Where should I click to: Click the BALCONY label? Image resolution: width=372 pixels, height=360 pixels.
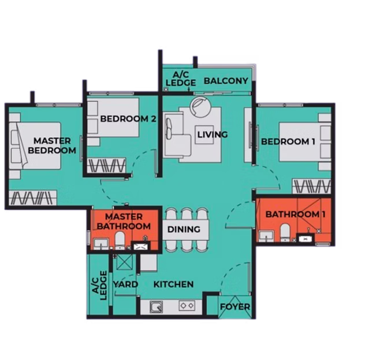[x=226, y=81]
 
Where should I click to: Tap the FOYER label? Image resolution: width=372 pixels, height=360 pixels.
[x=235, y=307]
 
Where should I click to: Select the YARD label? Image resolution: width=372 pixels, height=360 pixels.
[x=125, y=284]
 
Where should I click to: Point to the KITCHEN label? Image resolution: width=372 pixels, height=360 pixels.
[x=173, y=284]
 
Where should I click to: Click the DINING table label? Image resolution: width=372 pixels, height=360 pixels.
[x=184, y=229]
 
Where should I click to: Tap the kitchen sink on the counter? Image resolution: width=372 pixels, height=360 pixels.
[x=157, y=307]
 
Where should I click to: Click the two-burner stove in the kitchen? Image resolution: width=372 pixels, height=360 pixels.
[x=187, y=306]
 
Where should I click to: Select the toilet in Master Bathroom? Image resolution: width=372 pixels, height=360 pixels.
[x=120, y=240]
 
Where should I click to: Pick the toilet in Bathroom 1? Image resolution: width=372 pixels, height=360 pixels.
[x=285, y=232]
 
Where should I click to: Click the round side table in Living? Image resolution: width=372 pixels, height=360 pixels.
[x=200, y=107]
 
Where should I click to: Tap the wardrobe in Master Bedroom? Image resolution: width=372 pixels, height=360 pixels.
[x=33, y=198]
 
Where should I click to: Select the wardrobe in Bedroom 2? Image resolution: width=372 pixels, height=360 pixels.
[x=106, y=165]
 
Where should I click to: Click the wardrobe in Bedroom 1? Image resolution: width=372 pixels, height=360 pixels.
[x=311, y=186]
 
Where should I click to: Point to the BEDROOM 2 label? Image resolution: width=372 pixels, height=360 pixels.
[x=128, y=119]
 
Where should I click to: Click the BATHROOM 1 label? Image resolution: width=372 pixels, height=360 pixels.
[x=295, y=215]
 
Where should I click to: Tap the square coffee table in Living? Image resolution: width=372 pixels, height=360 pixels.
[x=204, y=134]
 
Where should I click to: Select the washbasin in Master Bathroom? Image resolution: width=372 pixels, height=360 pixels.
[x=101, y=243]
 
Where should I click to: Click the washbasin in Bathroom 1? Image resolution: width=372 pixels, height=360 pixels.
[x=266, y=236]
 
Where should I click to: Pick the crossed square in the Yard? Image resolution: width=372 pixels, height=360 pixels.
[x=124, y=262]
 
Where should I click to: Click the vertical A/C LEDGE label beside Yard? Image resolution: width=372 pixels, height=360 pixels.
[x=99, y=286]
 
